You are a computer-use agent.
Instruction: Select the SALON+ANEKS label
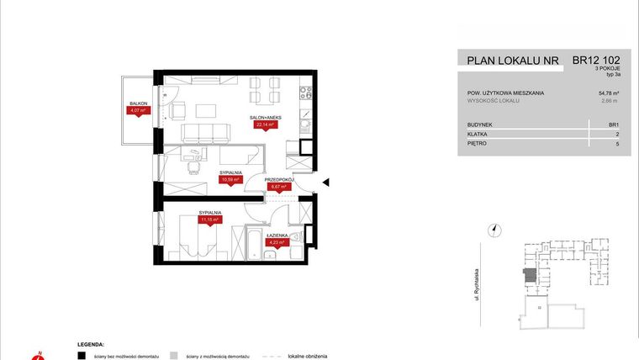(265, 117)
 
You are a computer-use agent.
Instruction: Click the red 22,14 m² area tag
(266, 124)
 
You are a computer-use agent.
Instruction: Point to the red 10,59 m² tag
(230, 179)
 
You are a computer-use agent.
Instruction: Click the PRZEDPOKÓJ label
(277, 179)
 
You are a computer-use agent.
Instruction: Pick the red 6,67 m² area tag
(278, 187)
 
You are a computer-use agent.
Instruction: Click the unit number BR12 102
(599, 61)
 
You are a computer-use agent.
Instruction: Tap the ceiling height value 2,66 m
(612, 101)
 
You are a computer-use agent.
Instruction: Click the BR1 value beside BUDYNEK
(614, 124)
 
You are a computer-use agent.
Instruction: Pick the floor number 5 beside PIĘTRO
(618, 144)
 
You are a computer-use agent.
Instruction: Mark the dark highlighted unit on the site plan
(529, 276)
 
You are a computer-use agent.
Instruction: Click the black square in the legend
(82, 356)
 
